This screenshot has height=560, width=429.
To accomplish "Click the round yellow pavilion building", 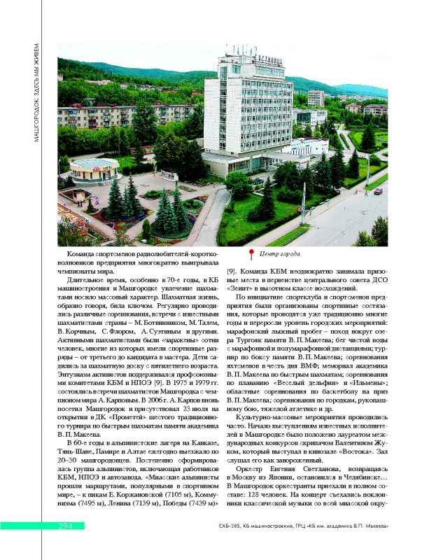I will click(94, 168).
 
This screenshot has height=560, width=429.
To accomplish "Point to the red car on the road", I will click(378, 190).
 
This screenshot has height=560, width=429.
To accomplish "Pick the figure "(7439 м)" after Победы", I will click(202, 503).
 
